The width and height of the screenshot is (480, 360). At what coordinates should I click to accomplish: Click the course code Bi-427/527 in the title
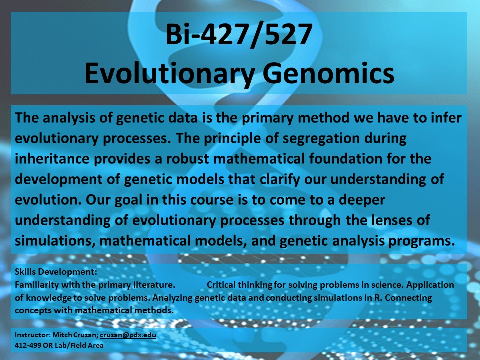[239, 35]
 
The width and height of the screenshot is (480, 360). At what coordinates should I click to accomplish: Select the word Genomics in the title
[329, 73]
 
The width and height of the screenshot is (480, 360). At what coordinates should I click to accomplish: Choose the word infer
[446, 118]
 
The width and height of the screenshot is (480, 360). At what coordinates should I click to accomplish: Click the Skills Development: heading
[56, 272]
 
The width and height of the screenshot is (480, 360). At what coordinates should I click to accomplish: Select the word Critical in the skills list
[221, 285]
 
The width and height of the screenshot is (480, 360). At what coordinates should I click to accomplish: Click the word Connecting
[408, 298]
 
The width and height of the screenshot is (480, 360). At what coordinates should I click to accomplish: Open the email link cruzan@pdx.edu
[128, 335]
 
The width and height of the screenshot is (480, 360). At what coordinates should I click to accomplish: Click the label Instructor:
[33, 335]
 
